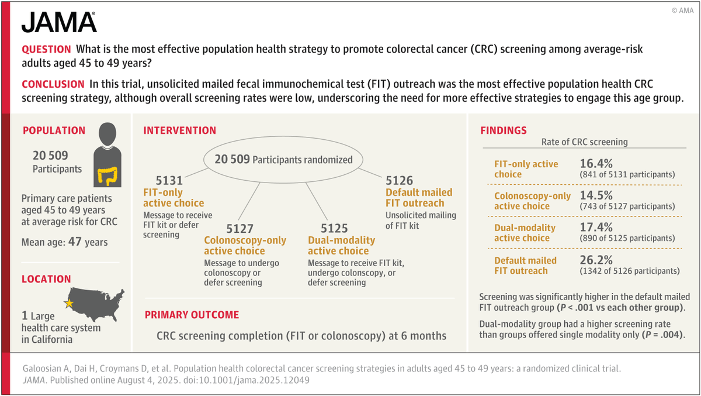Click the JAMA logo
59,22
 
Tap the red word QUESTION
46,50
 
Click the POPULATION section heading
54,131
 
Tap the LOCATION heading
46,280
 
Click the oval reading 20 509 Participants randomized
283,160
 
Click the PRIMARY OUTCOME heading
192,315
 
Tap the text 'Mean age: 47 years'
64,242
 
